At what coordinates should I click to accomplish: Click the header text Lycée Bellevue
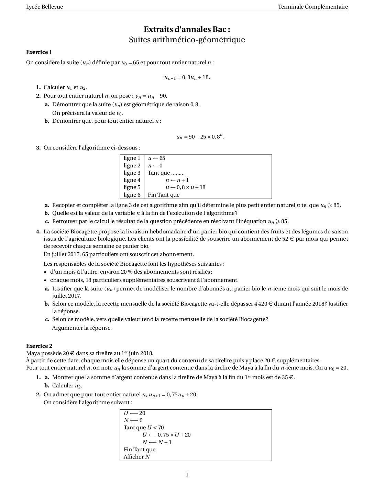tap(44, 7)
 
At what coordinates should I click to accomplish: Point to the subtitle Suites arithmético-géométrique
tap(187, 40)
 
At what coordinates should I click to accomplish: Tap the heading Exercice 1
tap(39, 52)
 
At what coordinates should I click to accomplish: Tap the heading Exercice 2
tap(39, 346)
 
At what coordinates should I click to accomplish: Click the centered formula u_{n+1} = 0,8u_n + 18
tap(187, 77)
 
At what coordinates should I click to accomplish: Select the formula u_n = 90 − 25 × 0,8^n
tap(200, 137)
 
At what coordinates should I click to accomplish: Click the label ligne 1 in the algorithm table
tap(132, 158)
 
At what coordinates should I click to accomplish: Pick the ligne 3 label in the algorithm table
tap(132, 173)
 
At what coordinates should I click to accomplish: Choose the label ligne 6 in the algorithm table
tap(132, 195)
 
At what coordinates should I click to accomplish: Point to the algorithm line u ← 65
tap(156, 158)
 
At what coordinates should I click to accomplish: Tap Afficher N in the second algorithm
tap(136, 457)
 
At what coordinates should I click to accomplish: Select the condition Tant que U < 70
tap(144, 428)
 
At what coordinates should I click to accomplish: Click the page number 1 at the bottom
tap(187, 475)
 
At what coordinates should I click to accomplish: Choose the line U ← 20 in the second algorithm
tap(134, 413)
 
